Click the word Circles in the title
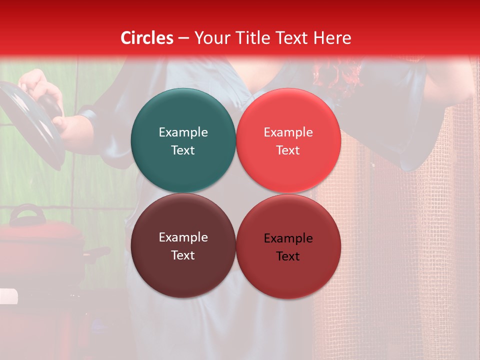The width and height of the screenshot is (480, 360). (x=147, y=38)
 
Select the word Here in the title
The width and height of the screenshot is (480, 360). (x=332, y=38)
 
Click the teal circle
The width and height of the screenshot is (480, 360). (x=183, y=140)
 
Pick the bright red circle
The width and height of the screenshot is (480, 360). (x=288, y=140)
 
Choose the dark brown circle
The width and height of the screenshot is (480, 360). (x=183, y=245)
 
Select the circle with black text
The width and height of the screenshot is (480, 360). (x=288, y=246)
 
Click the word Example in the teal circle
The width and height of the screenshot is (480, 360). (x=183, y=132)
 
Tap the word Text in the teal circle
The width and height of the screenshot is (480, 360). (x=183, y=150)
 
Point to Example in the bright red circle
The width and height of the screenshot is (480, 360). (x=288, y=132)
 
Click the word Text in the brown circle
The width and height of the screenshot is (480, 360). (x=183, y=255)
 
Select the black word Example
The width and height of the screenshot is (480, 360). (x=288, y=238)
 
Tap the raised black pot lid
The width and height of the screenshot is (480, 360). (x=30, y=125)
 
